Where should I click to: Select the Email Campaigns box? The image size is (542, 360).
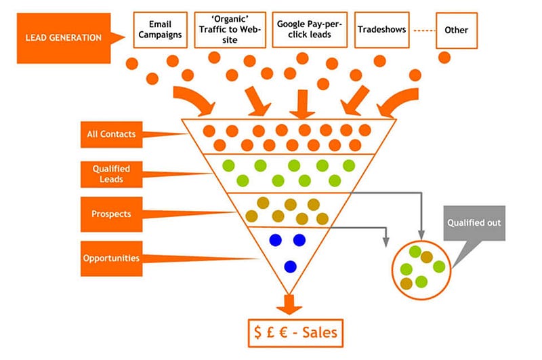coord(160,30)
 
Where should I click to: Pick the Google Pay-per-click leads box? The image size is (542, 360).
coord(309,30)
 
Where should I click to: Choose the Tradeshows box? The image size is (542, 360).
coord(381,30)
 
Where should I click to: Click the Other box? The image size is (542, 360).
coord(456,30)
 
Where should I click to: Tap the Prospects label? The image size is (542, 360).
coord(111,214)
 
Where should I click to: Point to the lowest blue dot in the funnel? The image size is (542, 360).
coord(290,266)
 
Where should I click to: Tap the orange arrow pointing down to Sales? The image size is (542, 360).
coord(289,304)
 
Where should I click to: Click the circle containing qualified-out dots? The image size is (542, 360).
coord(421,266)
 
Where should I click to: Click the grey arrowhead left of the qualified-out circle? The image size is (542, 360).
coord(387,241)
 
